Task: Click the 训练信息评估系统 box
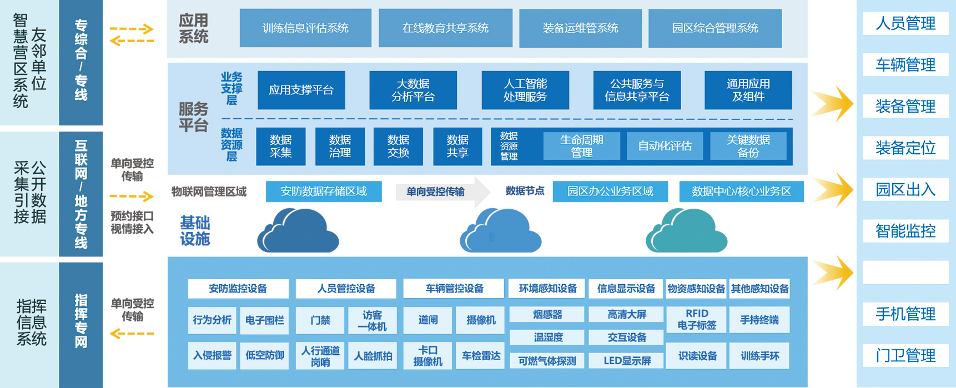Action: [x=305, y=28]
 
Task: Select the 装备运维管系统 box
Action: [x=580, y=28]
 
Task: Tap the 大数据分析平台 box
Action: [x=413, y=90]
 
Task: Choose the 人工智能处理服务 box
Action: [x=525, y=90]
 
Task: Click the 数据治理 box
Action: [x=340, y=147]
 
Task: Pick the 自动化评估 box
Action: [x=665, y=146]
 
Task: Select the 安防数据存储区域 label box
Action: [x=324, y=192]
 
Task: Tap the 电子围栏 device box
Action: [x=264, y=320]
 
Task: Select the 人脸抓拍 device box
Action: [x=373, y=356]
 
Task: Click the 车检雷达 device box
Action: [x=481, y=356]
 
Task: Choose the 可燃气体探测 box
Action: [x=547, y=361]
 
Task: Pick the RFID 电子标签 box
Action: [x=697, y=320]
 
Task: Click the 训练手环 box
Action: [x=759, y=356]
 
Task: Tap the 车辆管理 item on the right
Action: [x=905, y=65]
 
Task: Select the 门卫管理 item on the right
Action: [x=905, y=355]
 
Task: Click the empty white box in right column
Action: [x=905, y=273]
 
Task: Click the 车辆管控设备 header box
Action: [x=454, y=289]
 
